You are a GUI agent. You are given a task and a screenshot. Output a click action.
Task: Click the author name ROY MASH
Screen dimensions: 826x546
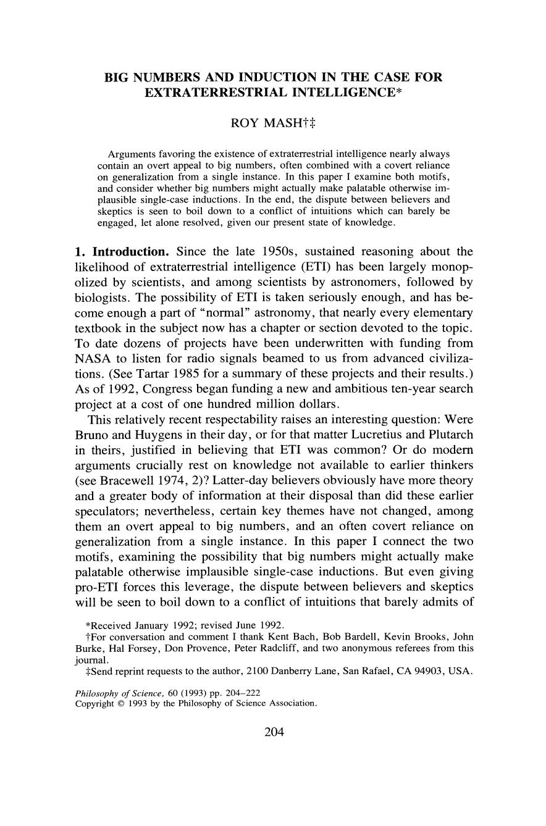pos(268,122)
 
